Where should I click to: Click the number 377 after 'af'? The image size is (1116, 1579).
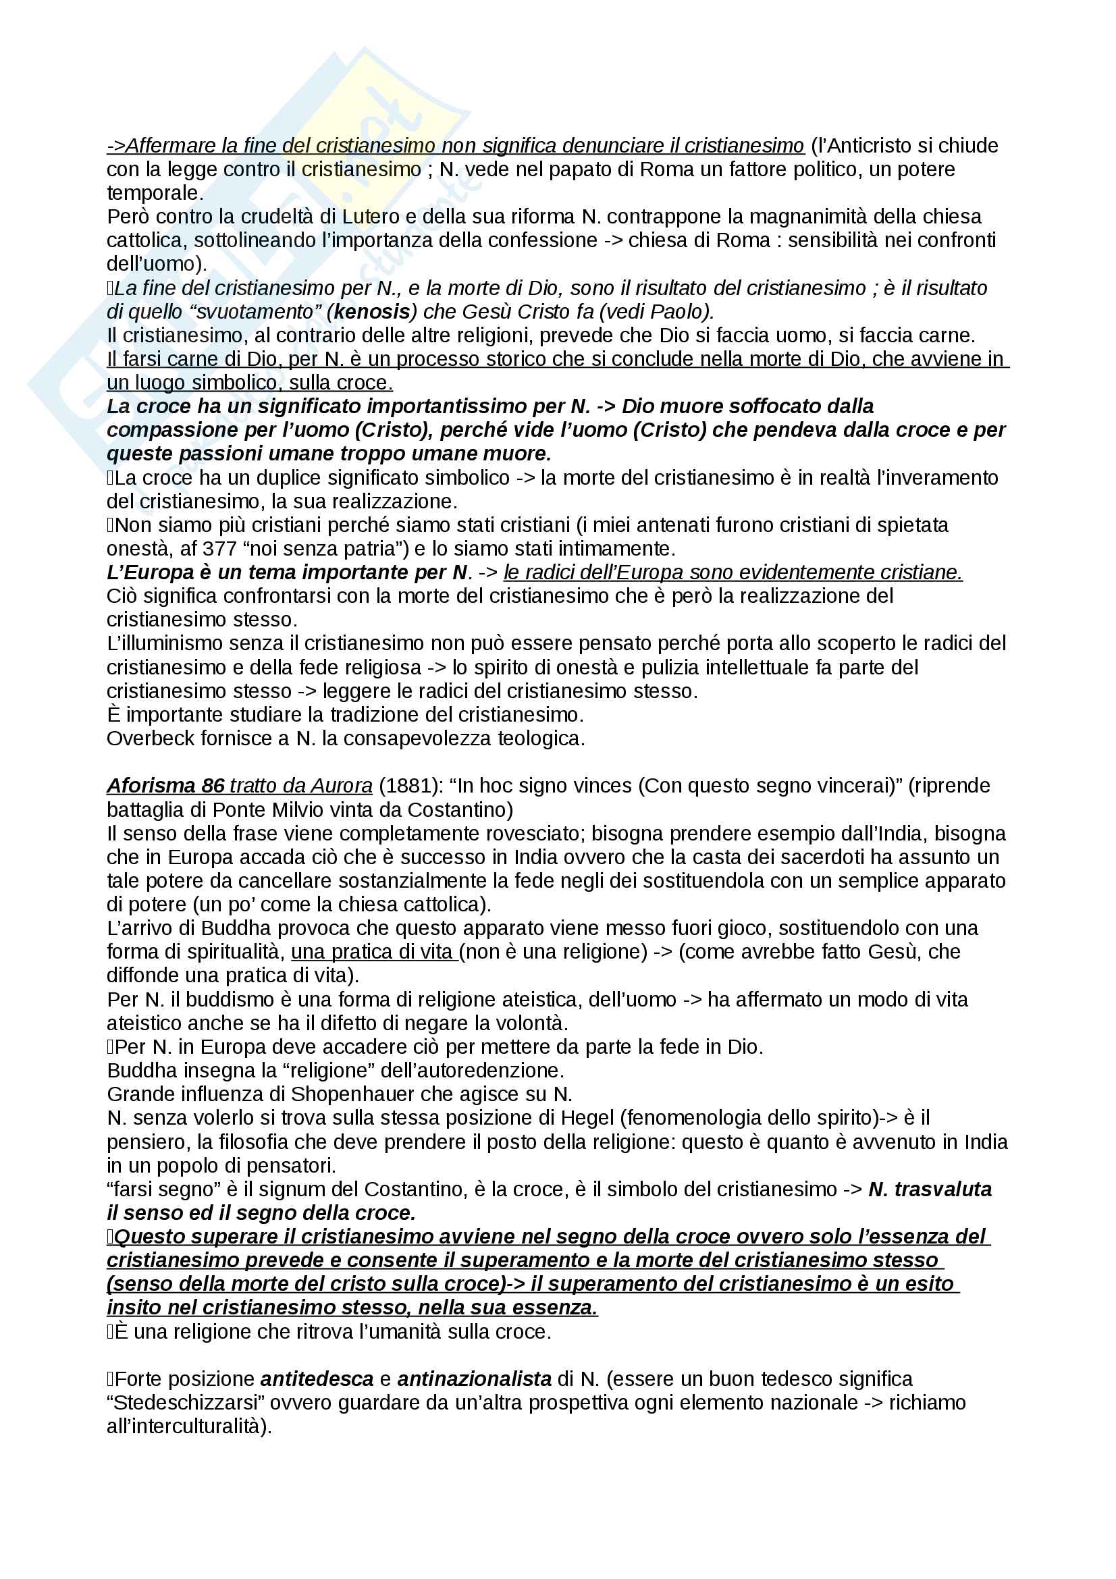coord(219,549)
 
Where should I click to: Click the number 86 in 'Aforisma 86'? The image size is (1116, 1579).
coord(213,786)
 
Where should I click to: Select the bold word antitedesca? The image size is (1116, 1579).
coord(317,1379)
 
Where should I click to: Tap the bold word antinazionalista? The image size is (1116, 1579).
coord(475,1379)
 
